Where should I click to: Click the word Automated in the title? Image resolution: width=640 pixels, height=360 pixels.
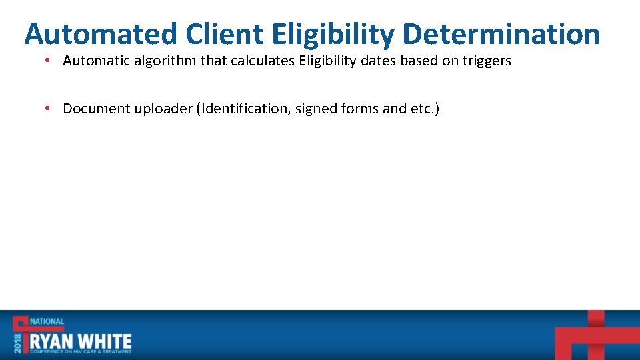[x=101, y=34]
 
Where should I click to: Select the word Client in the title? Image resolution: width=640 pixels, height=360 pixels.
[x=225, y=34]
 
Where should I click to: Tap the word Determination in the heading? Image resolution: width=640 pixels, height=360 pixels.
[x=501, y=34]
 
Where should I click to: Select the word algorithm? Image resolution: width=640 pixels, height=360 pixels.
[x=163, y=61]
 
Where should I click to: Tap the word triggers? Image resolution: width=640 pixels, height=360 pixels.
[x=485, y=61]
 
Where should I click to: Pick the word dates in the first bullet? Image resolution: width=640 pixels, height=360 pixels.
[x=378, y=61]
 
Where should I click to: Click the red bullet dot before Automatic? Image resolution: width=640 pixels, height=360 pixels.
[x=49, y=61]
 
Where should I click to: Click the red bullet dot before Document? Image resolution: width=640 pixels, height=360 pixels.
[x=49, y=109]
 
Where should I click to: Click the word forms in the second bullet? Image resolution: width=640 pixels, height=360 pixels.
[x=361, y=109]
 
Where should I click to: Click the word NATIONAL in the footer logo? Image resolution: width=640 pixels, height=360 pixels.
[x=47, y=321]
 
